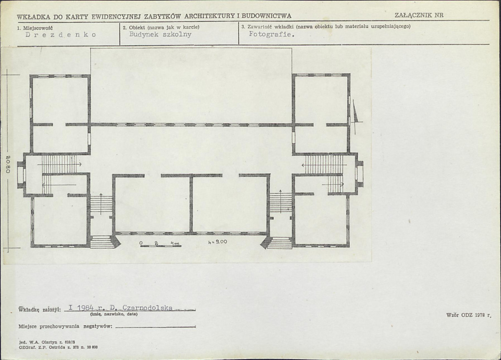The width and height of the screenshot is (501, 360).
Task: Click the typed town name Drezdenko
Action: click(61, 35)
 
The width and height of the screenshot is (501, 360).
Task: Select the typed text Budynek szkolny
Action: click(160, 35)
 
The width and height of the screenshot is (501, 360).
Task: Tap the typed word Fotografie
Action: click(272, 34)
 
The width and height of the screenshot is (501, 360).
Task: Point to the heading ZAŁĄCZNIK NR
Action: click(419, 15)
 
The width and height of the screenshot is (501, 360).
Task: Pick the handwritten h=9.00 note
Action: click(218, 242)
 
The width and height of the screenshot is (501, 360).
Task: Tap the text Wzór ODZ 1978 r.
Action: click(468, 315)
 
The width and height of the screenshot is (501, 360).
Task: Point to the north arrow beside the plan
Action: click(356, 117)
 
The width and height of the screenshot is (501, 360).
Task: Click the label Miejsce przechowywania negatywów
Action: click(66, 327)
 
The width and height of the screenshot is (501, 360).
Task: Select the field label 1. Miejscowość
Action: click(35, 28)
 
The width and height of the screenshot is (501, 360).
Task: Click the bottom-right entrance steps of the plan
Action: click(280, 243)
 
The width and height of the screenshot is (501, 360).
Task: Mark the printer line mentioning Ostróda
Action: click(58, 347)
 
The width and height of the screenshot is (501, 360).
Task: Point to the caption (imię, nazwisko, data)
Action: click(114, 314)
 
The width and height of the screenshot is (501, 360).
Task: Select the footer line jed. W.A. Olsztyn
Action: click(47, 342)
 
